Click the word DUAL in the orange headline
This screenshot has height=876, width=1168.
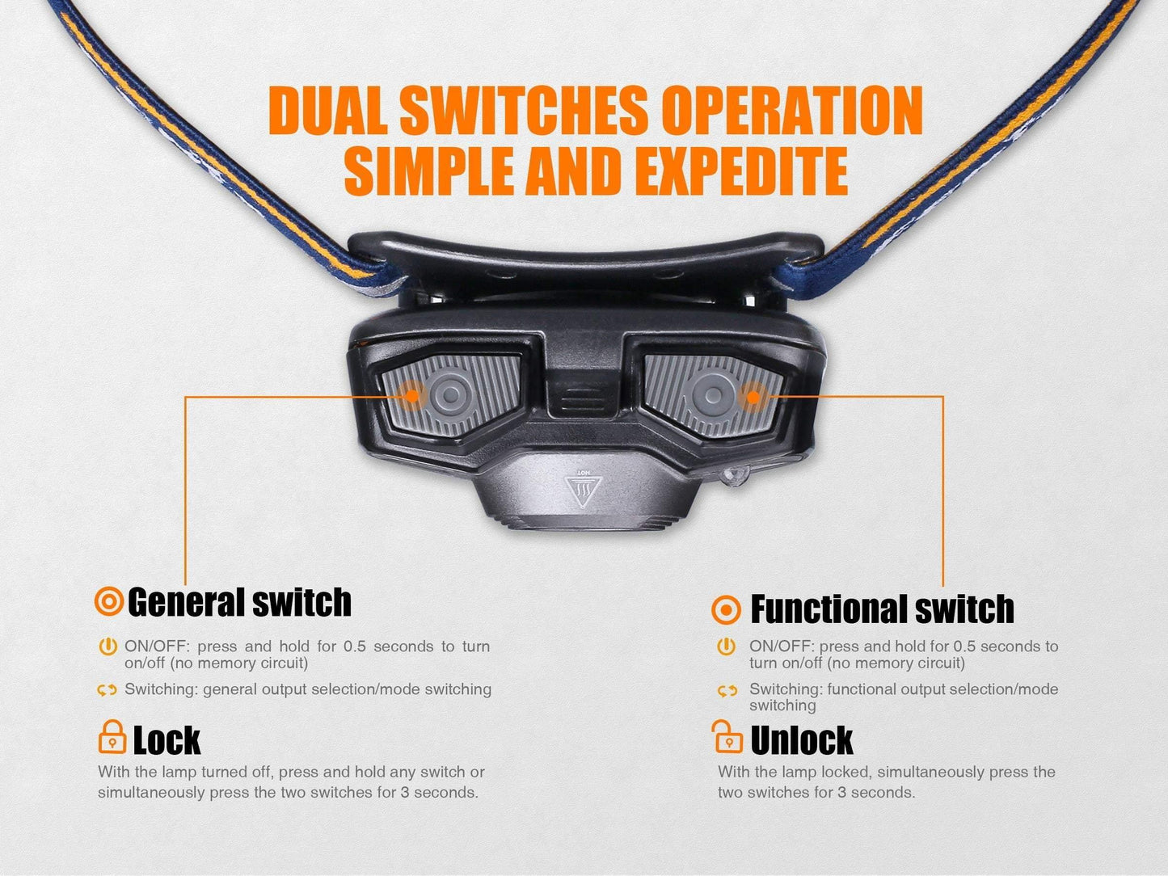[x=328, y=112]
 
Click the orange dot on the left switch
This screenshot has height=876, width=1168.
[x=412, y=396]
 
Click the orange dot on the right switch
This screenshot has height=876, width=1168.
[x=753, y=397]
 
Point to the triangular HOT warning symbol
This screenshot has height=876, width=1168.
[x=584, y=490]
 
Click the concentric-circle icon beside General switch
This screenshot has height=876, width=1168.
[x=109, y=601]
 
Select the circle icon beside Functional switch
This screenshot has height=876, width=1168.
[x=726, y=609]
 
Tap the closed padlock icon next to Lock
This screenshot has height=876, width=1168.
[x=112, y=737]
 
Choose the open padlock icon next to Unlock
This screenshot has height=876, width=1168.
[x=727, y=736]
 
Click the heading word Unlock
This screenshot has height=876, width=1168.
[x=801, y=740]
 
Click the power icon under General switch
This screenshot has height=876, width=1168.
[x=108, y=646]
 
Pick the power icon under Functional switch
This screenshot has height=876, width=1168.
[x=726, y=646]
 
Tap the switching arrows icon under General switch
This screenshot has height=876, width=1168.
[x=107, y=690]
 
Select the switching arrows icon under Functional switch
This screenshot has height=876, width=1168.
[x=727, y=691]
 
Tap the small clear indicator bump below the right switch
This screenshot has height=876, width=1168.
[x=735, y=475]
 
